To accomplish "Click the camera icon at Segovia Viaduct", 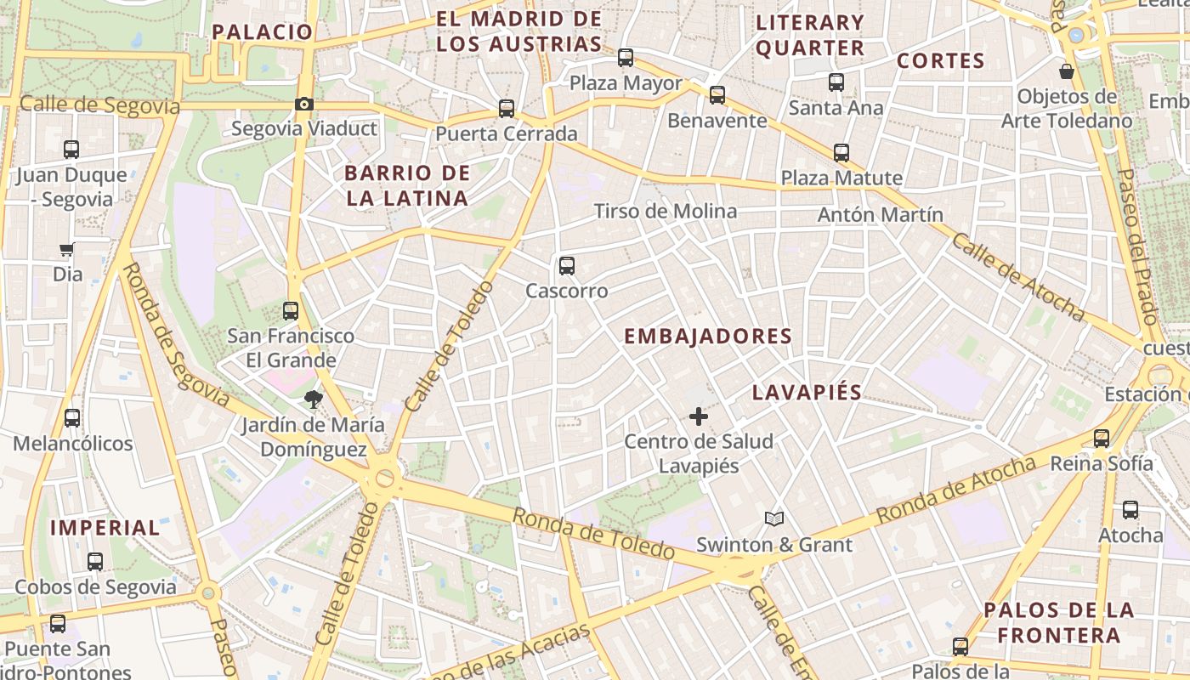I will click(303, 105).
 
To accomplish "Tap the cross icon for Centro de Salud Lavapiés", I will click(698, 416).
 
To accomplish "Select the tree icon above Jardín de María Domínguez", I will click(314, 399).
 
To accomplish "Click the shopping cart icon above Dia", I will click(67, 250).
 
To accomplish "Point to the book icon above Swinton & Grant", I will click(773, 518).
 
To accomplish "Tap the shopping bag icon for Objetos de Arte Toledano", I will click(1066, 71).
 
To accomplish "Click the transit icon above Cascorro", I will click(567, 266).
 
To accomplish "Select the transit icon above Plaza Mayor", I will click(626, 58).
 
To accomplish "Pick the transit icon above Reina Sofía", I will click(1102, 439).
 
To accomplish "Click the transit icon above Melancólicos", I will click(72, 418).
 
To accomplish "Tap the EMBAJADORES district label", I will click(708, 337).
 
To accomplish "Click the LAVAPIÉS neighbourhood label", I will click(807, 392).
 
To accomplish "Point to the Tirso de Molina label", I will click(665, 211).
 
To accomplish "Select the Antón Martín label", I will click(880, 215).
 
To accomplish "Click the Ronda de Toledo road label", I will click(593, 534).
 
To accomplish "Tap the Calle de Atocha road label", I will click(1017, 277).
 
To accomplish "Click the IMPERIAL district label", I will click(105, 528).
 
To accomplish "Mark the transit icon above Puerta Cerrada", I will click(507, 109).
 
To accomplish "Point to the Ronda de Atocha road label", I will click(955, 490).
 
